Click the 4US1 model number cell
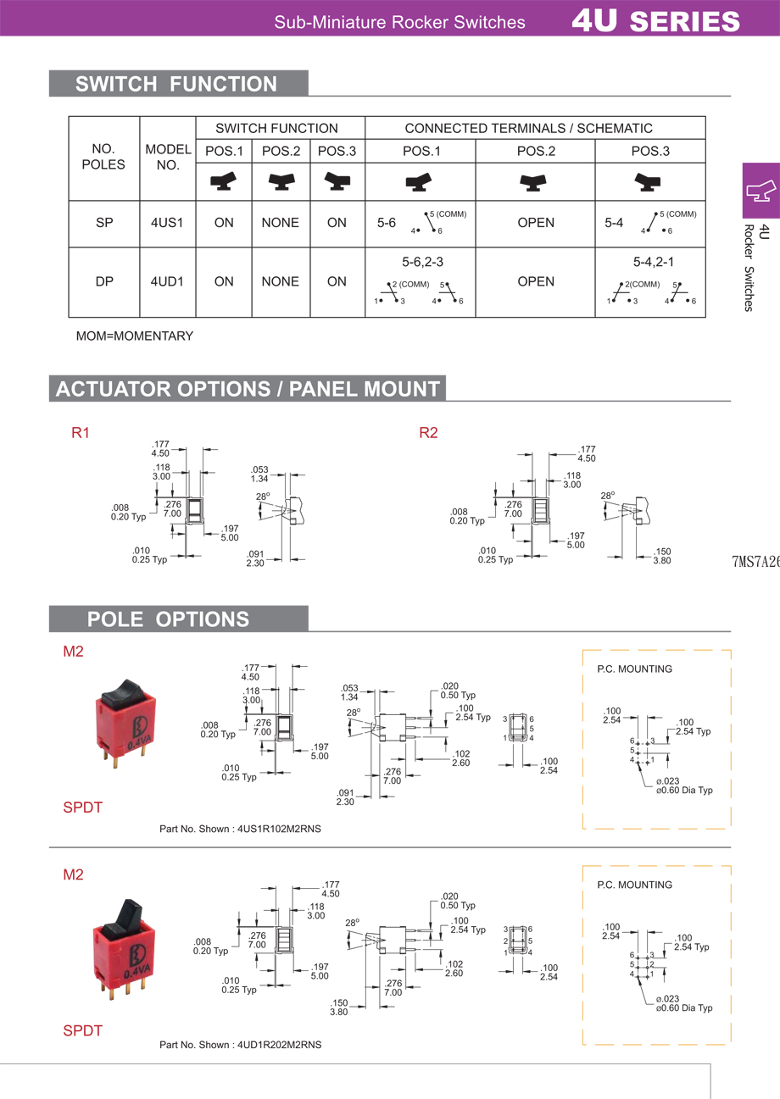(167, 223)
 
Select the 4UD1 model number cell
(167, 281)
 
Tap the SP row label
(103, 223)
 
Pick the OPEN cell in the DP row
(535, 281)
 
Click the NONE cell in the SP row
(280, 223)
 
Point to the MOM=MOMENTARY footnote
(135, 336)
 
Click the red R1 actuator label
(81, 433)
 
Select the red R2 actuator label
(429, 433)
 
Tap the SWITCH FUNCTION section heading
(176, 84)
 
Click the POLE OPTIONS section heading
(168, 619)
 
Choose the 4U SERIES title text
(655, 20)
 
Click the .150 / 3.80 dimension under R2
(663, 556)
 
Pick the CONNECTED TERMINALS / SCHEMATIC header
(528, 129)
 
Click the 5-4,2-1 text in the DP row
(651, 263)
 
